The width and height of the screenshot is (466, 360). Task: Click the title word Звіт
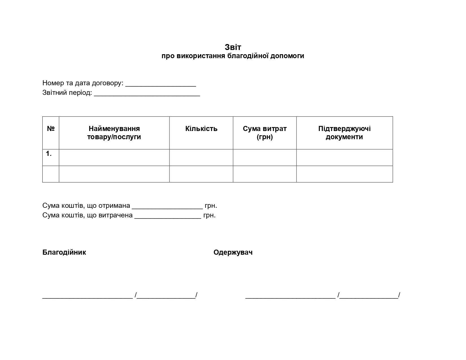pyautogui.click(x=233, y=47)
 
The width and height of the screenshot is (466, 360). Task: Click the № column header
pyautogui.click(x=51, y=128)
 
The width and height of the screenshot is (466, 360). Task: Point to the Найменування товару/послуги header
pyautogui.click(x=114, y=133)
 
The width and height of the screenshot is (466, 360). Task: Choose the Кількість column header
pyautogui.click(x=201, y=128)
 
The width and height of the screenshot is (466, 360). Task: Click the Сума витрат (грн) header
pyautogui.click(x=265, y=133)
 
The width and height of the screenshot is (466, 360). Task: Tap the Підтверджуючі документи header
pyautogui.click(x=344, y=133)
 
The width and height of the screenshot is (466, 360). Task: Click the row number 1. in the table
pyautogui.click(x=49, y=154)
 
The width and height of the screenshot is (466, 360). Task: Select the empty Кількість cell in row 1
pyautogui.click(x=201, y=157)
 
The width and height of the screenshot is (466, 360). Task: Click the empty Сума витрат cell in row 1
pyautogui.click(x=265, y=157)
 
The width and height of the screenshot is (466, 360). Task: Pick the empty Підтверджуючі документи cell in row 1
pyautogui.click(x=344, y=157)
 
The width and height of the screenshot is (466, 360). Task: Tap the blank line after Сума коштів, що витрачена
pyautogui.click(x=168, y=218)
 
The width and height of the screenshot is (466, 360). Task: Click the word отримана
pyautogui.click(x=114, y=205)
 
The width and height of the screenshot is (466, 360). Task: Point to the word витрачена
pyautogui.click(x=116, y=215)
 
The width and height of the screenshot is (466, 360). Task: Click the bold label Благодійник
pyautogui.click(x=64, y=252)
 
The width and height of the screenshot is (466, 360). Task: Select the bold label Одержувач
pyautogui.click(x=233, y=252)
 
